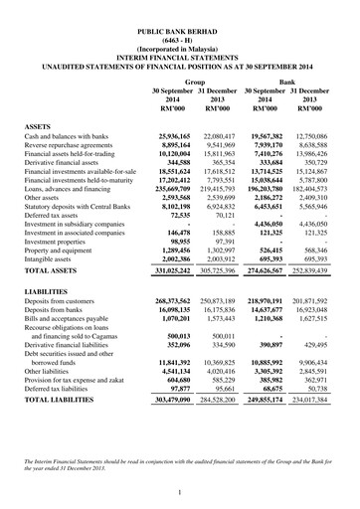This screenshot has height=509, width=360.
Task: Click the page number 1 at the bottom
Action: coord(179,492)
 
